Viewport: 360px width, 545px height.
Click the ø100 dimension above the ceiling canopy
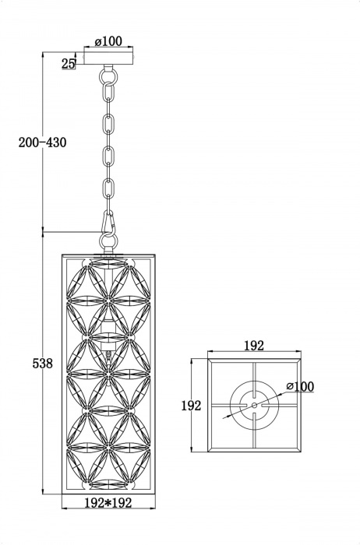(108, 41)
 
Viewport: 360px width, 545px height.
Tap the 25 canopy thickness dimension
(69, 63)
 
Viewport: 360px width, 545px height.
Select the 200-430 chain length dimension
(42, 142)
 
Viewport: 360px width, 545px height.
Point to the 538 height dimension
(42, 364)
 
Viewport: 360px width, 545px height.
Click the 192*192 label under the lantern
(108, 503)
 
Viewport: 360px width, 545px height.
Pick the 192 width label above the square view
(254, 346)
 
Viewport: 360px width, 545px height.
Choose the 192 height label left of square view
(191, 406)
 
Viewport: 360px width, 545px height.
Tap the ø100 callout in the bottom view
(300, 386)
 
